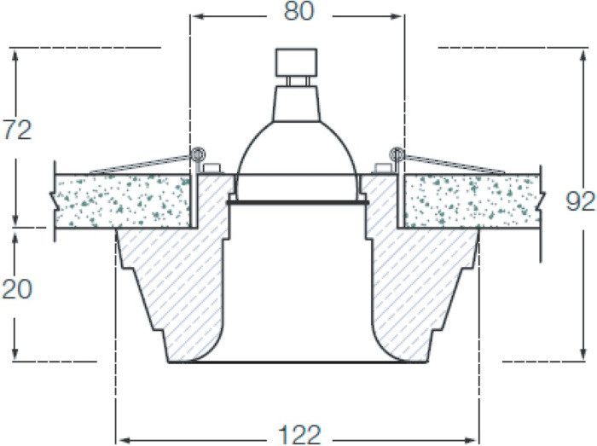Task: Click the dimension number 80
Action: coord(298,11)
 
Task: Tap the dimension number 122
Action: coord(299,435)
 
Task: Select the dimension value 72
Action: coord(17,130)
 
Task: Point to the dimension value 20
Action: coord(17,289)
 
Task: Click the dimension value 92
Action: coord(580,202)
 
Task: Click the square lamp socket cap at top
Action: coord(296,62)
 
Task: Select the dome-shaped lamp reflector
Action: coord(298,148)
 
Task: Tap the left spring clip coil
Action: coord(198,154)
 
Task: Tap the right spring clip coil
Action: coord(397,154)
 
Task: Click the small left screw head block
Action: coord(212,168)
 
